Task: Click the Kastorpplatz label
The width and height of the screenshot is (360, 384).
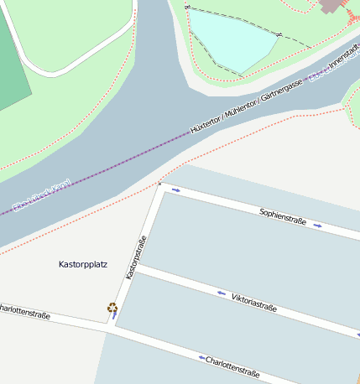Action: tap(83, 264)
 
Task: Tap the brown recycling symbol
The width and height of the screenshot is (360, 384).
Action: tap(112, 308)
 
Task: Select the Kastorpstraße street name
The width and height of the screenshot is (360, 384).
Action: tap(137, 257)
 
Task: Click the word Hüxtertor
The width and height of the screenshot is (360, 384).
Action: tap(206, 127)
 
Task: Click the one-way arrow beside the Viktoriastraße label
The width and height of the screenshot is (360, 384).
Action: tap(222, 293)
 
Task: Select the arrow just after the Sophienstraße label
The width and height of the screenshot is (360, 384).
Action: tap(317, 225)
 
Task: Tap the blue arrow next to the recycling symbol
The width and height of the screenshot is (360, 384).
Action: tap(115, 316)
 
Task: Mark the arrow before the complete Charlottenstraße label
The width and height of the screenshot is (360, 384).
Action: tap(202, 358)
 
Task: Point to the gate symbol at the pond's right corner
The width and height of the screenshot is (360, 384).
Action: tap(279, 35)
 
